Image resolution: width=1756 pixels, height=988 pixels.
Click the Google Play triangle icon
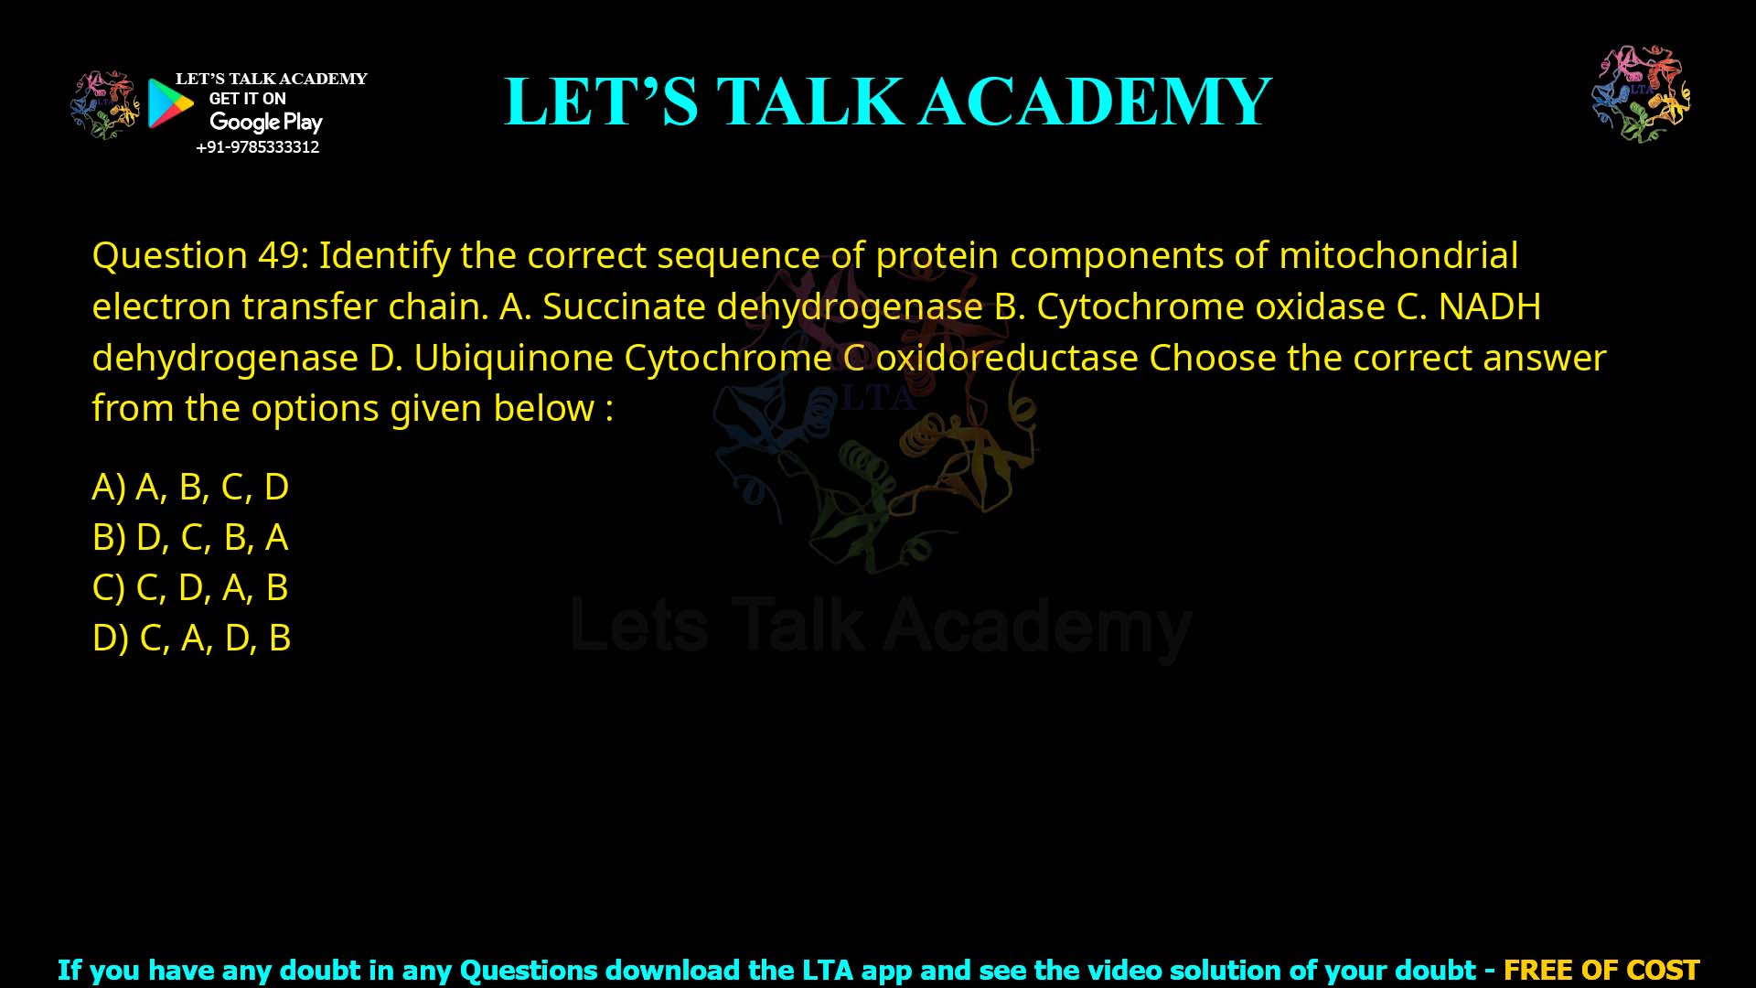click(x=170, y=103)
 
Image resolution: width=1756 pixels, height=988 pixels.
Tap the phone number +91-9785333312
click(x=257, y=147)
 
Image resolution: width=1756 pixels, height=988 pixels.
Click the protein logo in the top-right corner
click(x=1641, y=94)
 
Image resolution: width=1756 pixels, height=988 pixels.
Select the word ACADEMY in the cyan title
click(x=1095, y=102)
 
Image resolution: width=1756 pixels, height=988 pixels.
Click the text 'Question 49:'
click(x=200, y=255)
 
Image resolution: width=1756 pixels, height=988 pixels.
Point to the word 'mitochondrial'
click(x=1397, y=255)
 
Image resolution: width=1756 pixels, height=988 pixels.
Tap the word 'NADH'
click(x=1489, y=306)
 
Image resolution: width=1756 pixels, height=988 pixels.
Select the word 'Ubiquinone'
click(x=513, y=358)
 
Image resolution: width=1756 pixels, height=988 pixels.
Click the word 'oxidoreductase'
click(x=1006, y=358)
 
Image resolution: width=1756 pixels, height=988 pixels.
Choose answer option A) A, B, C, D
click(x=190, y=487)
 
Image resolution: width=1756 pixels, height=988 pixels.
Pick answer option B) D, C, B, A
click(x=190, y=537)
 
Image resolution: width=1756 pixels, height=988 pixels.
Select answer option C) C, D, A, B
click(x=190, y=587)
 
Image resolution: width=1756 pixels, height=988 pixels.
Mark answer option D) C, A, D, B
click(x=191, y=638)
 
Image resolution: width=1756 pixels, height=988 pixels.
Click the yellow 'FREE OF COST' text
click(x=1601, y=970)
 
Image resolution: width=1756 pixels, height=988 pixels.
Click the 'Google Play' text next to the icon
click(x=265, y=122)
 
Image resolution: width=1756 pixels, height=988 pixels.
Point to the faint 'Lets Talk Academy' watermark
click(x=881, y=627)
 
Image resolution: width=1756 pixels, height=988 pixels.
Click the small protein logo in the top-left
click(x=105, y=105)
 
